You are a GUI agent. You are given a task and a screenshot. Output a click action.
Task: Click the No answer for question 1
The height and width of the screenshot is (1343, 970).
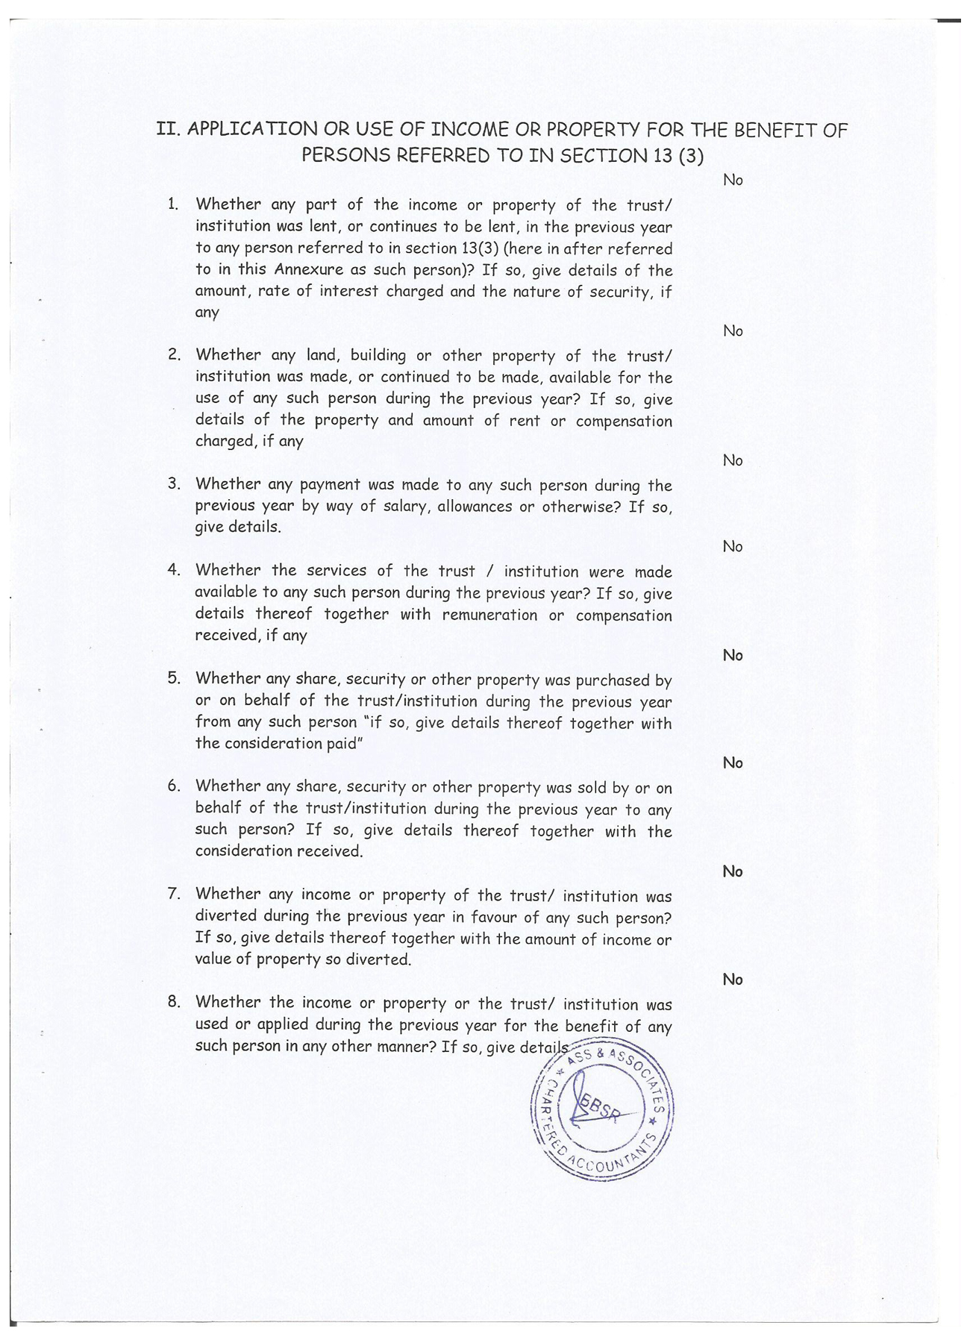(733, 180)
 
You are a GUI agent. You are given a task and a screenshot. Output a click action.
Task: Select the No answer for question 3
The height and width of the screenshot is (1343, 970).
(733, 460)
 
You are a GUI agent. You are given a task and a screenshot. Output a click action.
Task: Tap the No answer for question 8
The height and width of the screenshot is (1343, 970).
(733, 980)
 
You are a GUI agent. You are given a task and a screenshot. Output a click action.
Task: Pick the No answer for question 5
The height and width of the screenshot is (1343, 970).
(733, 655)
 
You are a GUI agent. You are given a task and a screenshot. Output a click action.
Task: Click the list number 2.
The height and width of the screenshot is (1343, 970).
(175, 354)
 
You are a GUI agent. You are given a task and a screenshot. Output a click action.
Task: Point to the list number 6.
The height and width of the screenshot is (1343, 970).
(175, 786)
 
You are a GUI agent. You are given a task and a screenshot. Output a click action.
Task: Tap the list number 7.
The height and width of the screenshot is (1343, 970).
(175, 894)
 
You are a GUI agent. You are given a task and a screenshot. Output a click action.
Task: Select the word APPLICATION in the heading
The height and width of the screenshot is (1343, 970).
(251, 129)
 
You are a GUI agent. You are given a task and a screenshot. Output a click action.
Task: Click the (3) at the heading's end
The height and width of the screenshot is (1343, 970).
(691, 156)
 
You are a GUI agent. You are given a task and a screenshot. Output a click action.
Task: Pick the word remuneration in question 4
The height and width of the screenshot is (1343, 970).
(489, 615)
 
